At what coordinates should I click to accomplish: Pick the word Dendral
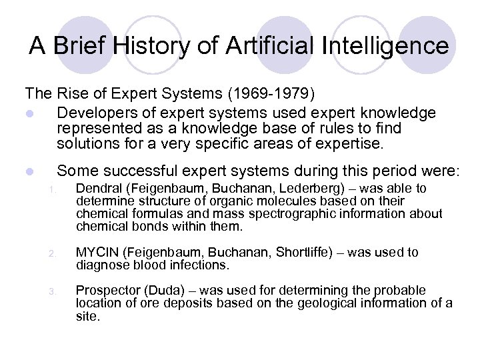[x=98, y=189]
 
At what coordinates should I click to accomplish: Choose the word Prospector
[x=106, y=291]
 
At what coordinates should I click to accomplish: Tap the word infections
[x=200, y=265]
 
